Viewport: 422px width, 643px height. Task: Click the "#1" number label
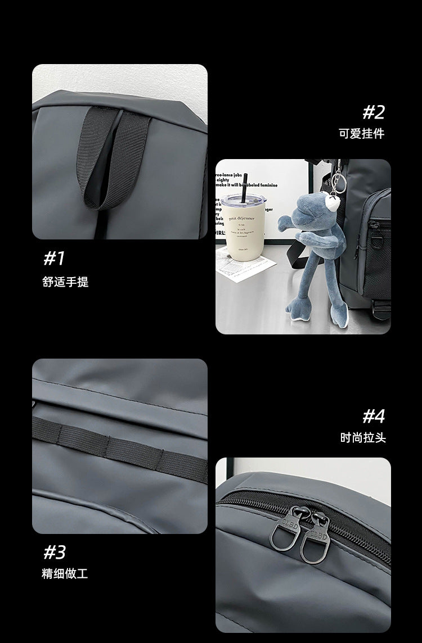(x=55, y=259)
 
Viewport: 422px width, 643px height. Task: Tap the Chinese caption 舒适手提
(x=65, y=282)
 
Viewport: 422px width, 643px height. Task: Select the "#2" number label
(x=373, y=112)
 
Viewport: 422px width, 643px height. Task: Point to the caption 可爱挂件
(x=362, y=134)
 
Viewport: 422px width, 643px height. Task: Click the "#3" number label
(x=55, y=552)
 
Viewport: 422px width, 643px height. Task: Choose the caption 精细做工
(x=65, y=574)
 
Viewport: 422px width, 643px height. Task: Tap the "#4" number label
(x=374, y=416)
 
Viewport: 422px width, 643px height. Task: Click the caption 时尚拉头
(x=363, y=437)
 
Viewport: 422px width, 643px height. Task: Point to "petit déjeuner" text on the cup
(x=241, y=218)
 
